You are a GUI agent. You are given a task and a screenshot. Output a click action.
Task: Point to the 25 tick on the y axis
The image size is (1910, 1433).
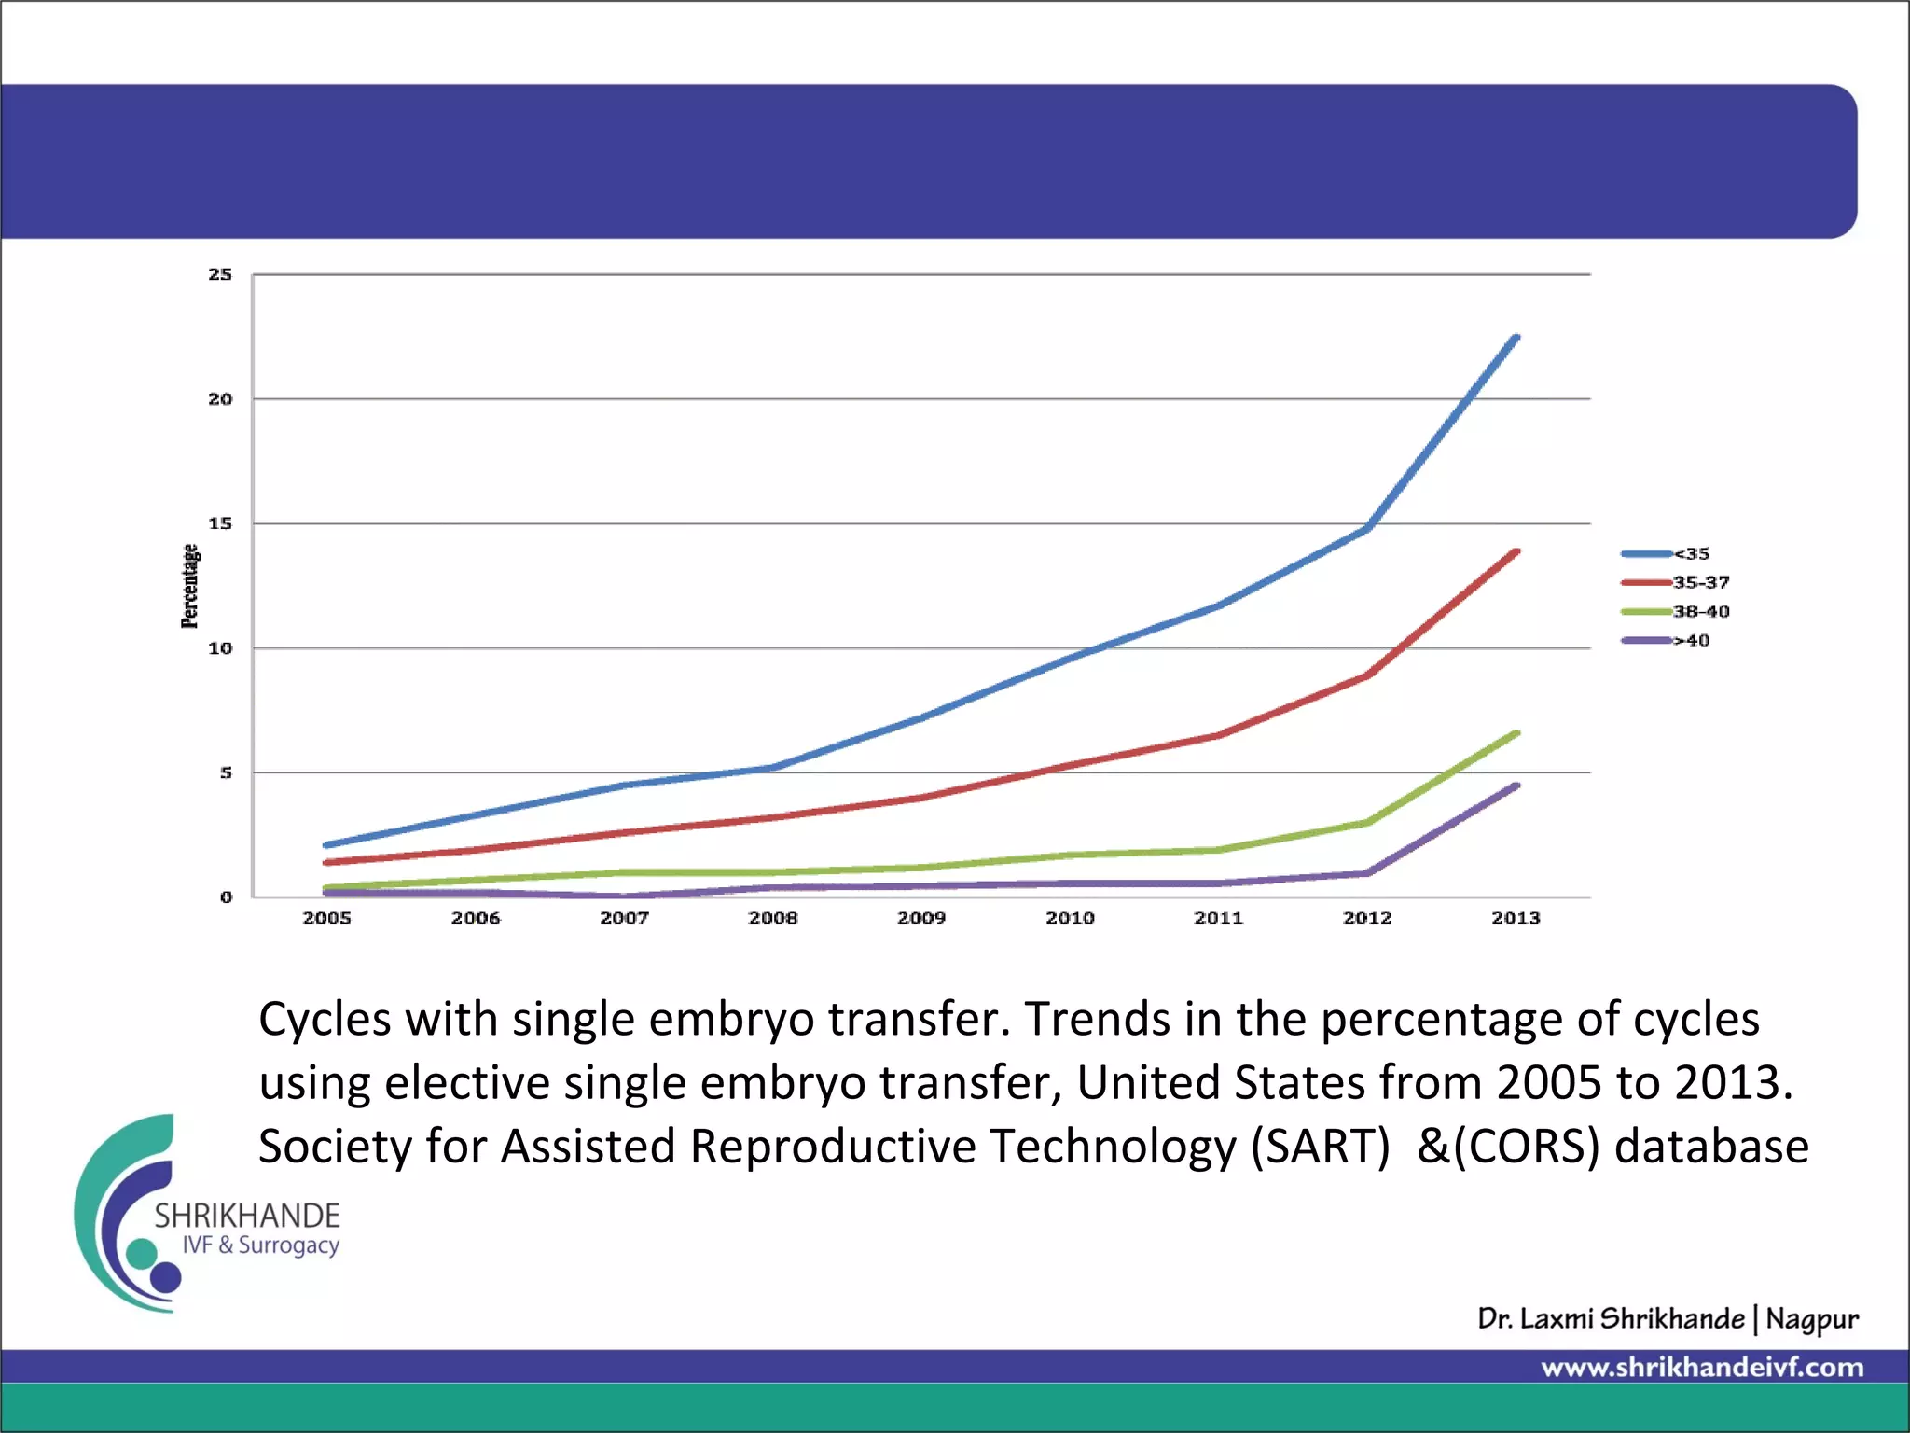pos(220,274)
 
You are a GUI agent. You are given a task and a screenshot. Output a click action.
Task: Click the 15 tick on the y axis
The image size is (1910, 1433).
pos(220,523)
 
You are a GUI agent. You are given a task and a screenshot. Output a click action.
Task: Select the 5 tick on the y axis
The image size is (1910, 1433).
pos(226,772)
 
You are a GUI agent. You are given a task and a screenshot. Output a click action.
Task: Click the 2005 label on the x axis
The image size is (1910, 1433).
pos(326,918)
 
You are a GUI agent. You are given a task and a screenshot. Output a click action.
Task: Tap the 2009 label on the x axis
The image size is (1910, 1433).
pos(921,918)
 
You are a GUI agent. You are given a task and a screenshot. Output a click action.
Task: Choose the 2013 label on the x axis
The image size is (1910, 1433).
pos(1516,918)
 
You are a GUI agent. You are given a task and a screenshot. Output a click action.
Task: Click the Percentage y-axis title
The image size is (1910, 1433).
pos(189,586)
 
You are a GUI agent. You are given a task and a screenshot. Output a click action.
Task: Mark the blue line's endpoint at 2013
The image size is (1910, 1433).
pos(1516,338)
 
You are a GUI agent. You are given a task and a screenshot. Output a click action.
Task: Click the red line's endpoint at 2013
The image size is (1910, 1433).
pos(1516,552)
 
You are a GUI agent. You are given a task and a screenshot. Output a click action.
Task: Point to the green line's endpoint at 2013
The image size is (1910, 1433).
pos(1516,733)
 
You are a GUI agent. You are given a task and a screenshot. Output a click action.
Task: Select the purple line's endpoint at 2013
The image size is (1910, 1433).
pos(1516,786)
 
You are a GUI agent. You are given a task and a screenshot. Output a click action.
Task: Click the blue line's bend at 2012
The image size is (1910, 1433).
pos(1367,528)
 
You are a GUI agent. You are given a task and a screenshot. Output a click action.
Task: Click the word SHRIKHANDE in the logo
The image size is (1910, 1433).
pos(247,1216)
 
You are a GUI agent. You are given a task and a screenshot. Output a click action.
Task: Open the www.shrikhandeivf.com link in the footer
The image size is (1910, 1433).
pos(1702,1368)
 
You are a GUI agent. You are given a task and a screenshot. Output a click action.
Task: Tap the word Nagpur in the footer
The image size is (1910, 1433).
pos(1812,1319)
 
